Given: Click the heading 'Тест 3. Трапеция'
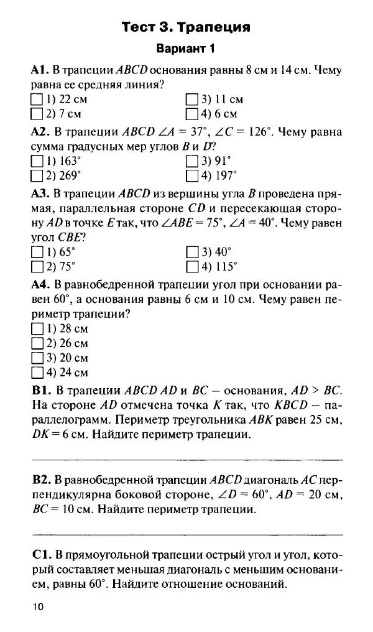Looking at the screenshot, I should [186, 27].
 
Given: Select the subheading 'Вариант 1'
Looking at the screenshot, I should [186, 49].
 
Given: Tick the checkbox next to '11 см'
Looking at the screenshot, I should [191, 100].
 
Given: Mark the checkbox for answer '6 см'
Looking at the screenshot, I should [191, 114].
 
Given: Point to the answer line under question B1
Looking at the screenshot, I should [186, 459].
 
